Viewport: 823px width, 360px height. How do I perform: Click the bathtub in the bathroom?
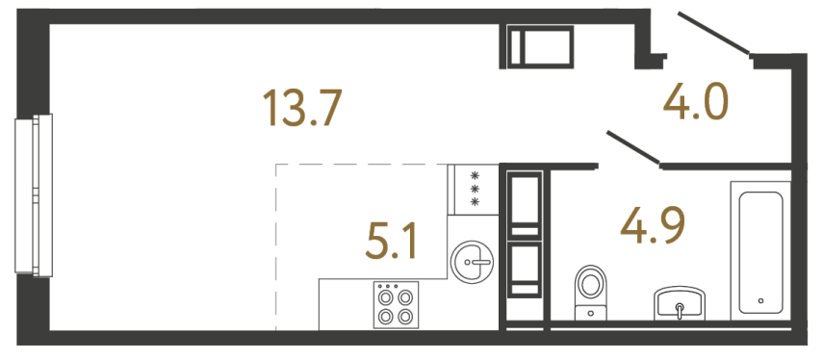coord(759,250)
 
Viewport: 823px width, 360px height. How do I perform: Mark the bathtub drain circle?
coord(760,300)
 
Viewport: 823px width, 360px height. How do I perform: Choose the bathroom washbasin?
coord(681,305)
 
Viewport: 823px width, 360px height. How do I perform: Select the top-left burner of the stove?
coord(386,297)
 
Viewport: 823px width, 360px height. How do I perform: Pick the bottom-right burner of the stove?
coord(405,315)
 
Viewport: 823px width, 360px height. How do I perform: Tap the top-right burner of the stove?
coord(405,297)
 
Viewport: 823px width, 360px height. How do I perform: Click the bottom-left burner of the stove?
coord(386,315)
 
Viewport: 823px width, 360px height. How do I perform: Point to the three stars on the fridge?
coord(474,189)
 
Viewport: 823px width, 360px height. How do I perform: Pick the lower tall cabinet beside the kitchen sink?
coord(526,269)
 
